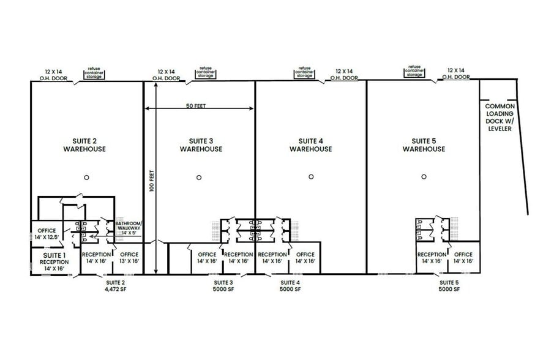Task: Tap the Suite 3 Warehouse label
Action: click(201, 145)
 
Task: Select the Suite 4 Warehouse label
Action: click(311, 145)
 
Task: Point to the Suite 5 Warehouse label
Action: click(424, 145)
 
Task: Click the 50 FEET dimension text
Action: click(196, 106)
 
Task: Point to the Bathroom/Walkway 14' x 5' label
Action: click(129, 228)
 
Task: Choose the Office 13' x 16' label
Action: click(129, 258)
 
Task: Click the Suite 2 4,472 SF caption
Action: click(115, 286)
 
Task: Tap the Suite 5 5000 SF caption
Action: click(448, 286)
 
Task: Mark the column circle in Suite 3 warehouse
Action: click(199, 178)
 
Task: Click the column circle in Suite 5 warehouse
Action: click(424, 178)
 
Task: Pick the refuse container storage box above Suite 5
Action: click(414, 71)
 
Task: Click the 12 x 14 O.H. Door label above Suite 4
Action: click(344, 75)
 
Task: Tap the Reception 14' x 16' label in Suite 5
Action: click(432, 258)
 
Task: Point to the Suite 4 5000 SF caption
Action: click(290, 286)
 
